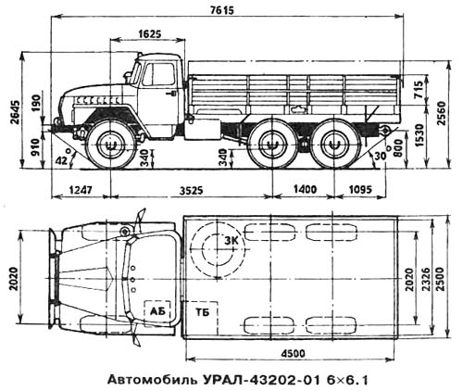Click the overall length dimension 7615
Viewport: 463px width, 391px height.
[x=222, y=10]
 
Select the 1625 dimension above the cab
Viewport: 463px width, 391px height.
[x=150, y=33]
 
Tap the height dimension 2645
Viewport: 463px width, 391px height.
[x=16, y=112]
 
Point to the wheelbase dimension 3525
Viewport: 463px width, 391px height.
[x=192, y=190]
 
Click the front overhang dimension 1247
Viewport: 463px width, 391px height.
[x=81, y=190]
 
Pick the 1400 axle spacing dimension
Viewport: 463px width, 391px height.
[x=306, y=189]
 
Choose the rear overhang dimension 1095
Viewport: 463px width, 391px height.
[x=360, y=189]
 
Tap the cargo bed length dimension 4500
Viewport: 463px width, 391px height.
[x=293, y=353]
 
